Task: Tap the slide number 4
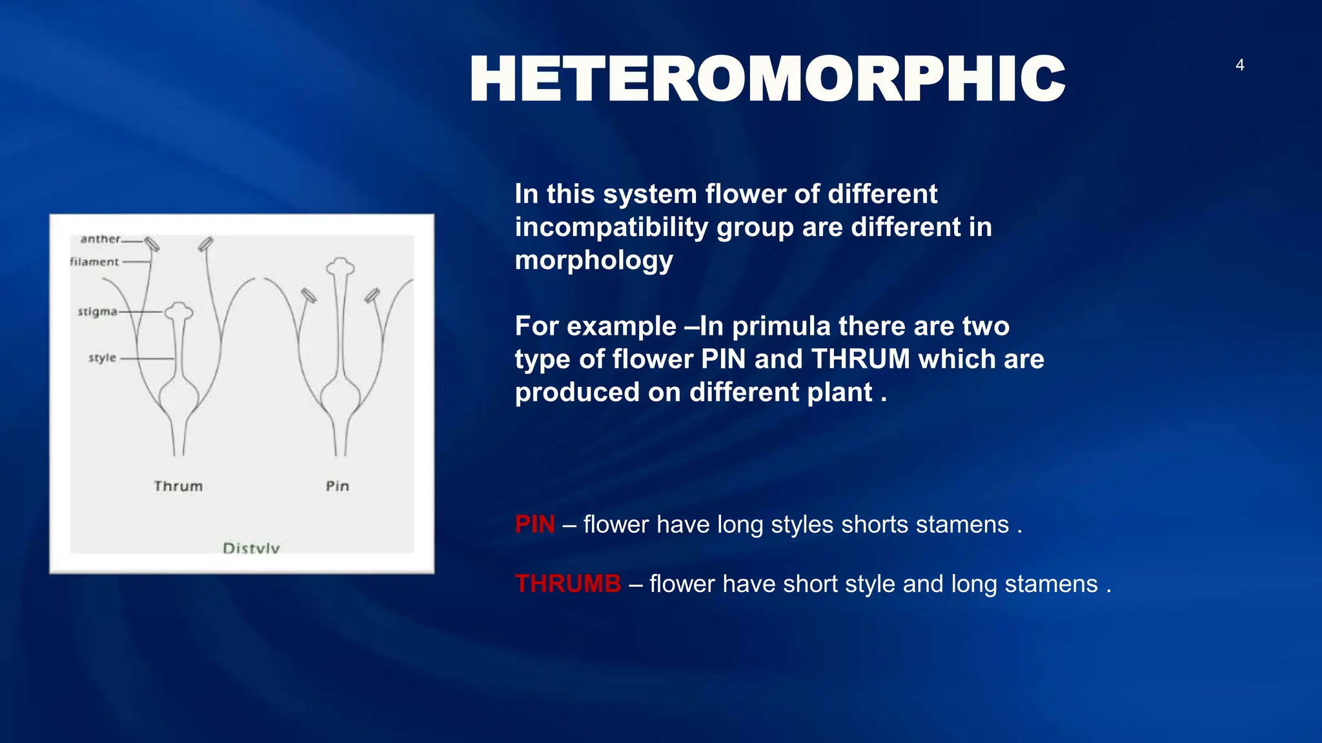tap(1239, 65)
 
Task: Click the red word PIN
tap(534, 524)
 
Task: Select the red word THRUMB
tap(567, 584)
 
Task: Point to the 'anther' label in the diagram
tap(100, 239)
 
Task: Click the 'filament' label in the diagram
tap(94, 262)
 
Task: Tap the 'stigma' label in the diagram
tap(97, 312)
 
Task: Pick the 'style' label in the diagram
tap(102, 358)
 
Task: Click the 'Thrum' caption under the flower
tap(178, 486)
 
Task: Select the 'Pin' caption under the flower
tap(337, 486)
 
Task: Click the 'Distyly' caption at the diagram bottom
tap(251, 548)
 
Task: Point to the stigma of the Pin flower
tap(340, 266)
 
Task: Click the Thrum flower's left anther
tap(152, 244)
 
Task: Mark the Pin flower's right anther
tap(372, 295)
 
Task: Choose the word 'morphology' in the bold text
tap(594, 261)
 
